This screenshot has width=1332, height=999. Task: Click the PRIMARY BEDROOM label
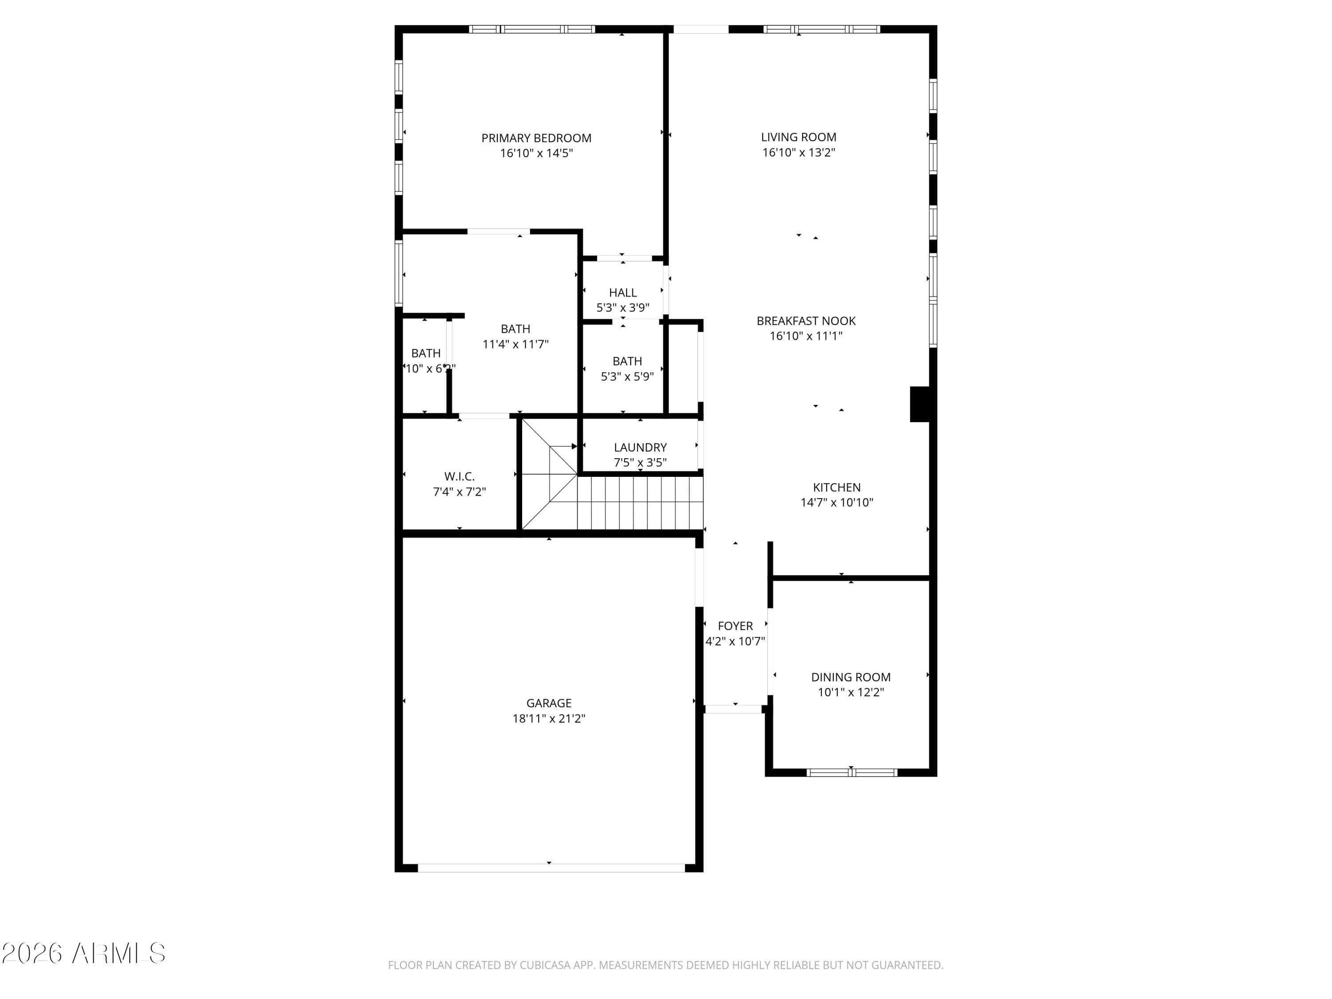pos(536,138)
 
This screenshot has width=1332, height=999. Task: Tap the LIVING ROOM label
pos(798,137)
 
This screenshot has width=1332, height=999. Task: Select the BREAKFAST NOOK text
pos(806,321)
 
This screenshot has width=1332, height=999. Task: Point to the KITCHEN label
pos(836,487)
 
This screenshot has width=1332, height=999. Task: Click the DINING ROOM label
pos(850,677)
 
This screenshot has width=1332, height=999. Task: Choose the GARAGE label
pos(549,703)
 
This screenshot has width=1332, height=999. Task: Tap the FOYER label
pos(735,626)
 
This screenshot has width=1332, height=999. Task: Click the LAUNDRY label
pos(640,448)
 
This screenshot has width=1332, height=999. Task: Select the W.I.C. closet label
pos(460,476)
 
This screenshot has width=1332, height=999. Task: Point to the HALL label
pos(622,293)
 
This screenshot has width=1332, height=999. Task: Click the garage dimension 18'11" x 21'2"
pos(549,718)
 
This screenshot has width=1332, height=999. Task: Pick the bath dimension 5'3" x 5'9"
pos(627,377)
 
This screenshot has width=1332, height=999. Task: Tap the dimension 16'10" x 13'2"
pos(798,152)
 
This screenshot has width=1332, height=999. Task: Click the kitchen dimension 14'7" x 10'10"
pos(836,502)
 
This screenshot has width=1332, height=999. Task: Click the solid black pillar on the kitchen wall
pos(920,404)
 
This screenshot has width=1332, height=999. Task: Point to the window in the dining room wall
pos(852,773)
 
